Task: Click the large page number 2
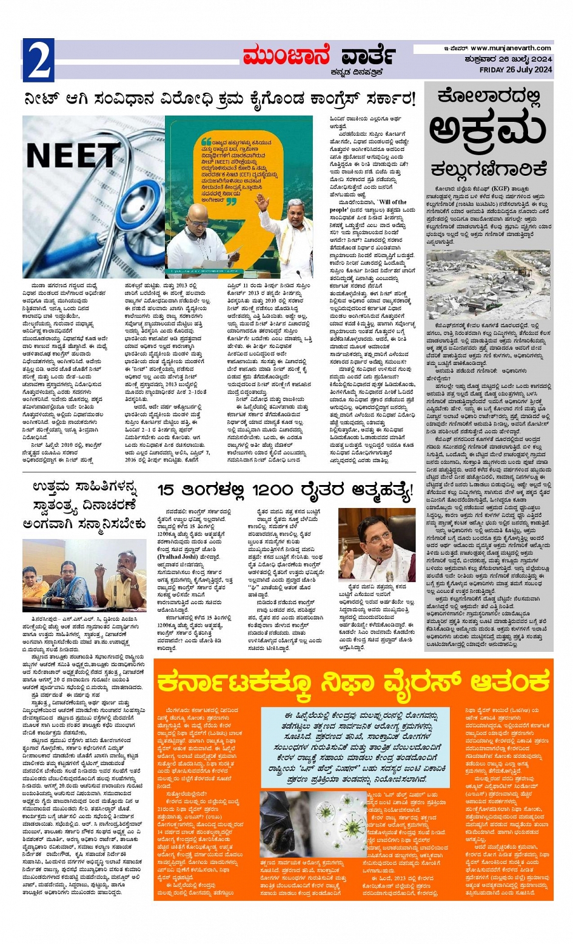[38, 60]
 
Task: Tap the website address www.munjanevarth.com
[511, 48]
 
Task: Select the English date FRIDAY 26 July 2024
[515, 69]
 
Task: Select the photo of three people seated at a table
[84, 575]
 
